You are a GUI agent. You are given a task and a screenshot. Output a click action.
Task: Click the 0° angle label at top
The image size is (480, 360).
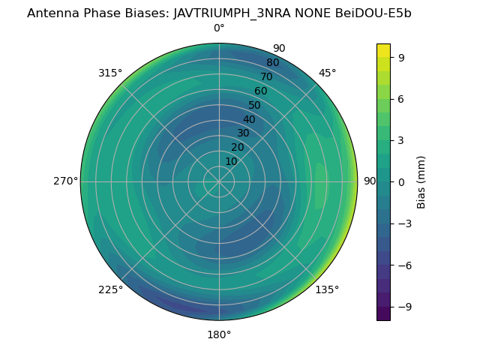(x=219, y=28)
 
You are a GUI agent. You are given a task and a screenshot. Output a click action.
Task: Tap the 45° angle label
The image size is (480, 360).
(x=327, y=73)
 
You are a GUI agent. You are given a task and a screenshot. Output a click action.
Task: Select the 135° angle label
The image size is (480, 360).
(x=327, y=289)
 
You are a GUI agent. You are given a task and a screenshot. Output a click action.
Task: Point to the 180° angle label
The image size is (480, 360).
(x=219, y=334)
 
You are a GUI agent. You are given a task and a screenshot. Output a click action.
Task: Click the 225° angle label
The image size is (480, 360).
(x=110, y=289)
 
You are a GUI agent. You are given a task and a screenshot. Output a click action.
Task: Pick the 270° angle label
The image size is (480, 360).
(x=65, y=181)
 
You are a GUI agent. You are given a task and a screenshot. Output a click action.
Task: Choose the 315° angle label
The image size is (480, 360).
(x=110, y=73)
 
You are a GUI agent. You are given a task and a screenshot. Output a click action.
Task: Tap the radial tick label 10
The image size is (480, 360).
(x=231, y=161)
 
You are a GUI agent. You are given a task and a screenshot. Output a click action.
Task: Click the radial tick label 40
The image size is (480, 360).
(x=249, y=119)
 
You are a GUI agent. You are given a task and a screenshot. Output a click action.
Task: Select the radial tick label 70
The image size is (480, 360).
(x=266, y=76)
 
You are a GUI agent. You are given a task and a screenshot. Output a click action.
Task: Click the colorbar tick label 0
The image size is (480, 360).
(x=402, y=181)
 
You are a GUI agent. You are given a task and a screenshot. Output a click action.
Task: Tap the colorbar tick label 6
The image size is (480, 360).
(x=402, y=98)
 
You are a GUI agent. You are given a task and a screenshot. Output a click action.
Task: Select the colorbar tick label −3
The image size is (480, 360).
(x=405, y=223)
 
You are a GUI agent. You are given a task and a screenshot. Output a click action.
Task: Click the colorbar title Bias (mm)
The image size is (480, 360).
(x=421, y=181)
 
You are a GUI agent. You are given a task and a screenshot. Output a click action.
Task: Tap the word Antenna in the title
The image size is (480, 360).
(x=52, y=13)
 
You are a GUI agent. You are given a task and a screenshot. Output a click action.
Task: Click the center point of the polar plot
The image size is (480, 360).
(x=219, y=181)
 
